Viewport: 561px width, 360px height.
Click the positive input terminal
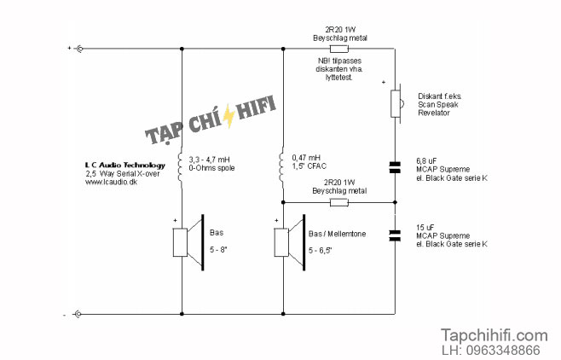click(x=79, y=49)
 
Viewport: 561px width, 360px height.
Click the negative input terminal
click(x=78, y=314)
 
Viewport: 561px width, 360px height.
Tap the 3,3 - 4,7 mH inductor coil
click(x=180, y=167)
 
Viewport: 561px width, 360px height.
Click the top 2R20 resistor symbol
click(x=338, y=49)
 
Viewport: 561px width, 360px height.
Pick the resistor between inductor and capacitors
click(x=338, y=202)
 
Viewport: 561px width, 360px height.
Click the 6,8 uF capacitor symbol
click(x=395, y=167)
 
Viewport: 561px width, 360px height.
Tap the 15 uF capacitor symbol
click(x=395, y=235)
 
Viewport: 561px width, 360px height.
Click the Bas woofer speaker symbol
click(x=188, y=242)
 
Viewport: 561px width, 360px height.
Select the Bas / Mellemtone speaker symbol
click(x=290, y=242)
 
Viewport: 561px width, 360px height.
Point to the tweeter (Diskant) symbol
click(x=396, y=104)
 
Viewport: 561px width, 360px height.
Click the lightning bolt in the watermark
click(x=228, y=115)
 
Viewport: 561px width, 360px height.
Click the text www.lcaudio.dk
click(x=112, y=182)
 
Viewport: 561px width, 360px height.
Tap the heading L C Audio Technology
click(x=125, y=165)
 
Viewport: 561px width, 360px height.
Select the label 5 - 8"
click(x=218, y=249)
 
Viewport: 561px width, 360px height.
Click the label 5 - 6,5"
click(x=321, y=251)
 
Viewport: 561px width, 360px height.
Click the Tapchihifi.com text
click(x=494, y=335)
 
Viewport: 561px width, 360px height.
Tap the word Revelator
click(x=434, y=113)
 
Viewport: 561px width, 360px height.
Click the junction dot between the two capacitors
click(x=395, y=202)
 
